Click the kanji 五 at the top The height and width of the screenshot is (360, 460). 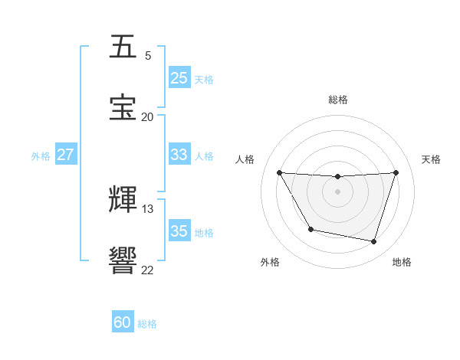(x=124, y=47)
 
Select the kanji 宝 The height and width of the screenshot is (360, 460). (x=124, y=108)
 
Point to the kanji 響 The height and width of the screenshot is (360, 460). (x=124, y=261)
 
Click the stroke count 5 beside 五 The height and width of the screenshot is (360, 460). (x=148, y=56)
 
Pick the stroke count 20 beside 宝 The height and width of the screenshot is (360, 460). (x=147, y=117)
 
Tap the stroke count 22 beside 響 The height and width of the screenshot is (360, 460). (x=147, y=270)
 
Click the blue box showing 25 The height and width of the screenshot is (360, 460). (x=179, y=78)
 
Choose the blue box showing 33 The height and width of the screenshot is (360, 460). (x=179, y=155)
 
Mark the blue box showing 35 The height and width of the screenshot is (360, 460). (x=179, y=231)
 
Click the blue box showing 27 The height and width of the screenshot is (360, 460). (x=66, y=155)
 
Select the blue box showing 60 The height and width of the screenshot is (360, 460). (x=123, y=322)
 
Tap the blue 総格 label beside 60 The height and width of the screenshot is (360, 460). (x=147, y=324)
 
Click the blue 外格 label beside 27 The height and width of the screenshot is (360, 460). (x=41, y=156)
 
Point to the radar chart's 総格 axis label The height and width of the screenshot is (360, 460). (x=338, y=100)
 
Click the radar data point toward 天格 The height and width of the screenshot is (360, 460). (x=396, y=172)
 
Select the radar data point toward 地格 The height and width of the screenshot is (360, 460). (x=374, y=242)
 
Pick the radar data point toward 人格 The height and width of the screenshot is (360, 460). (x=280, y=172)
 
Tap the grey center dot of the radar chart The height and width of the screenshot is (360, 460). (x=338, y=191)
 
